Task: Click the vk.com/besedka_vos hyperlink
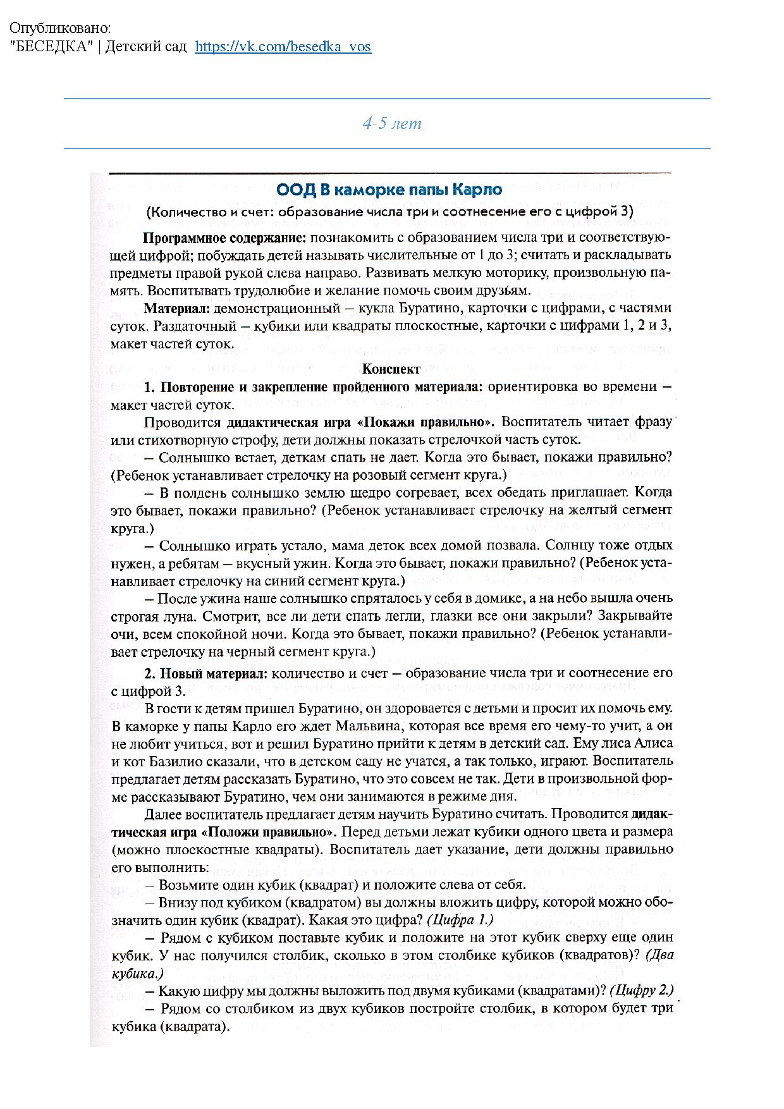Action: coord(283,47)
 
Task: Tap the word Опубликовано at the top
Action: coord(59,28)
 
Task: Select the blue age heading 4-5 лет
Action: coord(392,123)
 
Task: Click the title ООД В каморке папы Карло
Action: coord(389,190)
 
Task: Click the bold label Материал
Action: coord(177,309)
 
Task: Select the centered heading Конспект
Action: coord(391,369)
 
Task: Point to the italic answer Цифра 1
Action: coord(460,920)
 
